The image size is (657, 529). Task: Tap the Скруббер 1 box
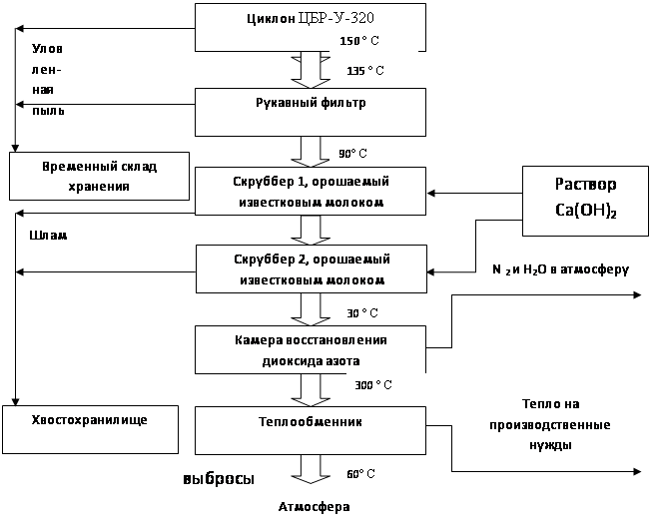[309, 191]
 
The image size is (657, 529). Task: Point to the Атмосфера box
[315, 506]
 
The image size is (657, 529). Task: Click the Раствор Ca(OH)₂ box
[585, 198]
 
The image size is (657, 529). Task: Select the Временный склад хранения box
[99, 176]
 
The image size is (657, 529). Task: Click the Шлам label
[48, 238]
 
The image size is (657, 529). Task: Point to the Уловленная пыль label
[49, 80]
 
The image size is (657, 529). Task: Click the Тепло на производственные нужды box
[549, 424]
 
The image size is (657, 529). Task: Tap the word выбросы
[218, 479]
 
